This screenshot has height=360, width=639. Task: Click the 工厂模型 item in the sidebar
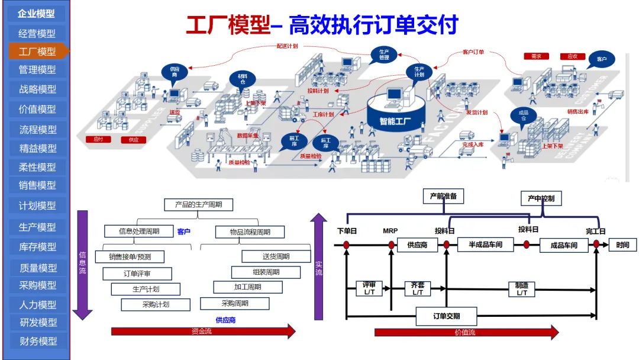(37, 52)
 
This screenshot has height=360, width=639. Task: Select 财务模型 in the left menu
(37, 341)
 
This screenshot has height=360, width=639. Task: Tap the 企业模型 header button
(36, 14)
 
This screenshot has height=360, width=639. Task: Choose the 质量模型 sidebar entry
(37, 268)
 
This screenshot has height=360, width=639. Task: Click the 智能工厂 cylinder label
(395, 122)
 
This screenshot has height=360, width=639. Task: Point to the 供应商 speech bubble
(175, 72)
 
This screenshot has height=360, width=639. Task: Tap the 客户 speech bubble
(602, 59)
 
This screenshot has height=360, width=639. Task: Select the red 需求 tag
(536, 56)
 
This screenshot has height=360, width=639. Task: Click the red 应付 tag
(98, 140)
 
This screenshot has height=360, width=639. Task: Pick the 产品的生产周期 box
(198, 205)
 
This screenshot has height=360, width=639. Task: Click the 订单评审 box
(137, 274)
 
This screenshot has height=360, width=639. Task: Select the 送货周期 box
(276, 256)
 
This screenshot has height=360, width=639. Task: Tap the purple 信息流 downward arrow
(83, 263)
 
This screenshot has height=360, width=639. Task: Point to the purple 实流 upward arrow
(319, 266)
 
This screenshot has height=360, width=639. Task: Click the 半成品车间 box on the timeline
(485, 244)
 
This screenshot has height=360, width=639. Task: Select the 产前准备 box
(443, 196)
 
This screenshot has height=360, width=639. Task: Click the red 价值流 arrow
(466, 332)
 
